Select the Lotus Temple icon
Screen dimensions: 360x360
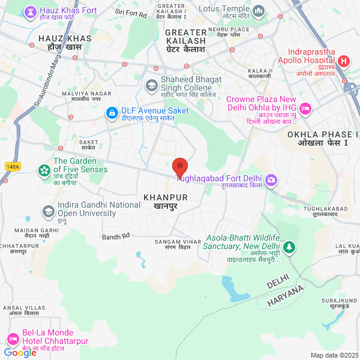(x=259, y=10)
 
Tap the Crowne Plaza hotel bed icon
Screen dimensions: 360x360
(x=305, y=108)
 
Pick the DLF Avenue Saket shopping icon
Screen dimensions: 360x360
(x=112, y=112)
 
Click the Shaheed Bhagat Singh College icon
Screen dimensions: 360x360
(x=152, y=85)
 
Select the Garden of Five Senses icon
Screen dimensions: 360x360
(x=44, y=170)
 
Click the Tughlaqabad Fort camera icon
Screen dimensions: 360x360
(x=271, y=179)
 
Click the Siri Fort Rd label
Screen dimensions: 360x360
(x=131, y=13)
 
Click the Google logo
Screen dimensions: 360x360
(x=20, y=353)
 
